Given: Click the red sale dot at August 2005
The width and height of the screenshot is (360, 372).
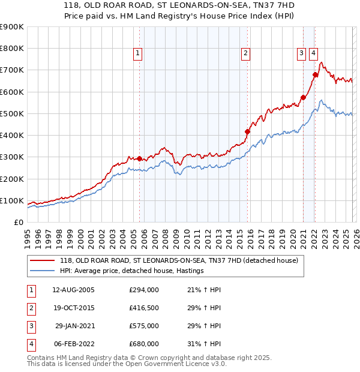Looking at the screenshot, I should (140, 158).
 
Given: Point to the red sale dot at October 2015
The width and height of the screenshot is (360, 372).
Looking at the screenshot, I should (247, 131).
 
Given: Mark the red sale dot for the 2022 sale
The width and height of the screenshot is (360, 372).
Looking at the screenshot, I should (315, 74).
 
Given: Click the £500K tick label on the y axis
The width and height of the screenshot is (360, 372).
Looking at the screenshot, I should (12, 113).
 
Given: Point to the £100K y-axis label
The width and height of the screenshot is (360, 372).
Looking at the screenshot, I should (12, 200).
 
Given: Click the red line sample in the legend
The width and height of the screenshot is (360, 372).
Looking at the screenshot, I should (43, 260).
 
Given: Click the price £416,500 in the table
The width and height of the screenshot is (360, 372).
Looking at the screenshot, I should (144, 308).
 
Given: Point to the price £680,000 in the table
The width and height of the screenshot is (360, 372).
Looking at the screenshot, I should (144, 344).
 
